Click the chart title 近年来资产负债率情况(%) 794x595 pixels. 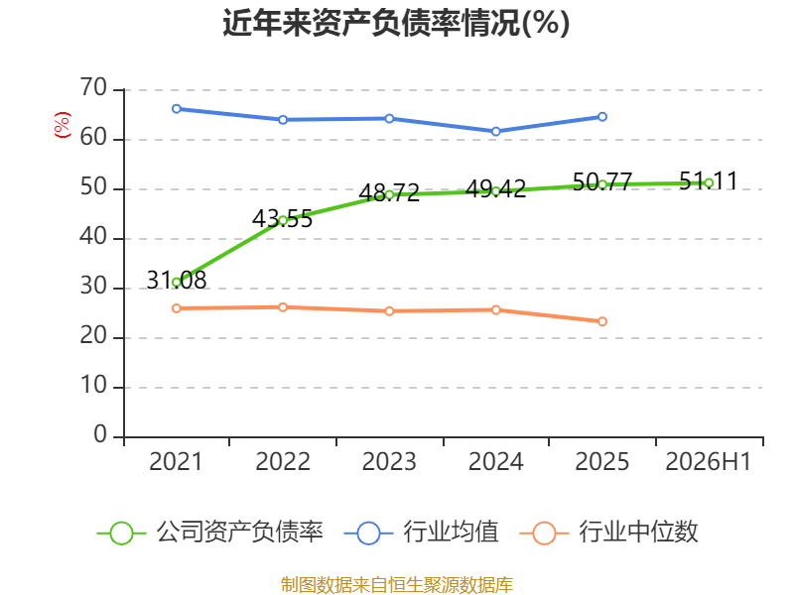pos(396,23)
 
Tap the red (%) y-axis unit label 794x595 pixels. pos(62,125)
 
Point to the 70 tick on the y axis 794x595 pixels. pos(93,88)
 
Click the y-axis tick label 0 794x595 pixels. pos(101,435)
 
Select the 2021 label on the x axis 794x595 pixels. pos(176,461)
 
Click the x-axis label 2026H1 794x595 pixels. pos(709,461)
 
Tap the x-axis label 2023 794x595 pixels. pos(389,461)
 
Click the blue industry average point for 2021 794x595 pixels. pos(177,109)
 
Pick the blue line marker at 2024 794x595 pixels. pos(495,132)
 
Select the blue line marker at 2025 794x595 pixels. pos(602,117)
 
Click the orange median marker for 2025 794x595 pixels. pos(602,321)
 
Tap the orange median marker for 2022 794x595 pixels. pos(283,307)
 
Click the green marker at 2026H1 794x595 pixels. pos(709,183)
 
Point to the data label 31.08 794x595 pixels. pos(177,281)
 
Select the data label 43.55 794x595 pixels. pos(283,219)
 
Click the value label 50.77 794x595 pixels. pos(602,181)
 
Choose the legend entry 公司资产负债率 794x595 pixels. pos(209,533)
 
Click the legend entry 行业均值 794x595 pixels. pos(421,533)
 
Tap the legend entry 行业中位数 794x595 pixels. pos(609,533)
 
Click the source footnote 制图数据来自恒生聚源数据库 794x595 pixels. pos(397,585)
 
